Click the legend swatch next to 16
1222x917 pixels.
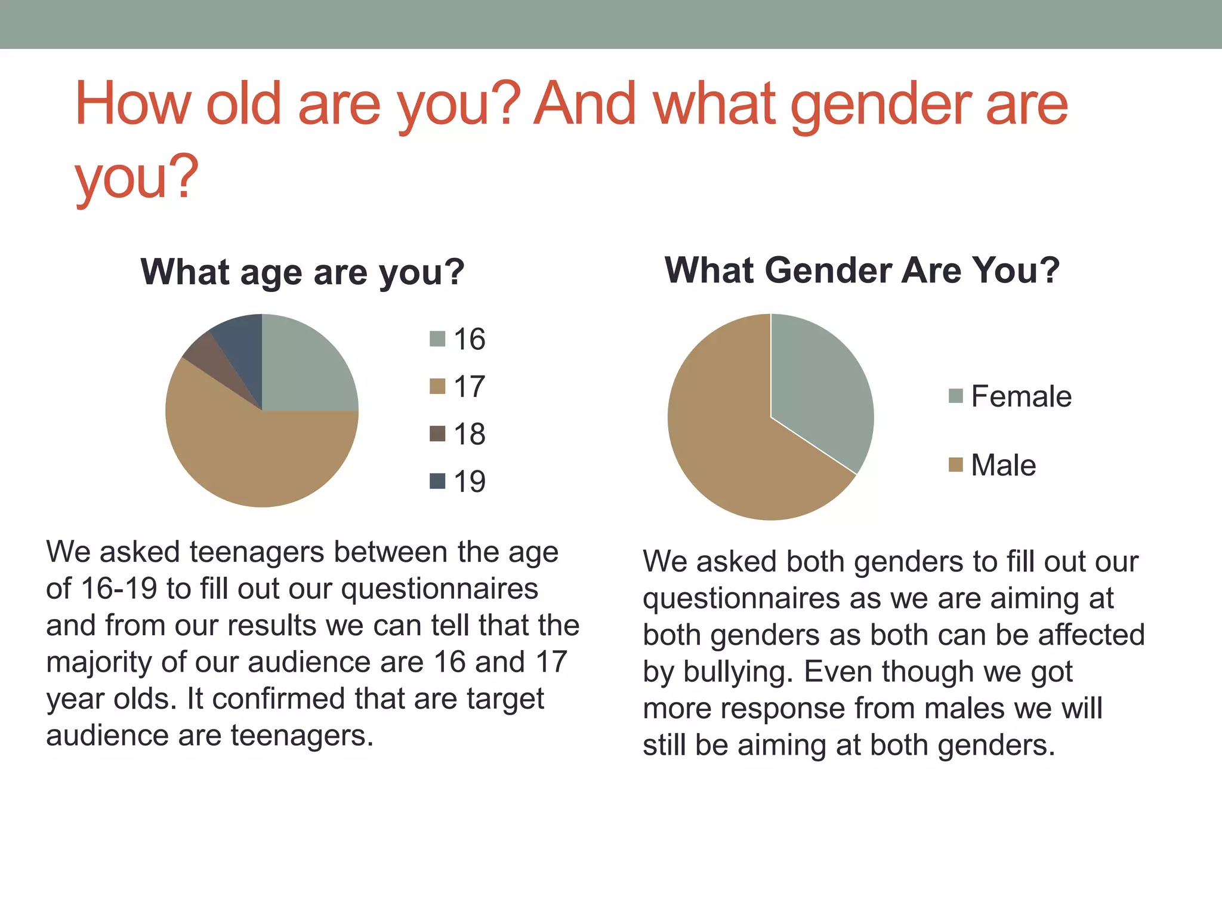(x=437, y=339)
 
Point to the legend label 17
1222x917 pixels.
(x=469, y=387)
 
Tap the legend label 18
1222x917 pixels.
(x=469, y=434)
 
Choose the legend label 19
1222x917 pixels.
(x=469, y=481)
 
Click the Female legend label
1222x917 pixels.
(x=1021, y=396)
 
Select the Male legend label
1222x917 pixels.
(x=1003, y=465)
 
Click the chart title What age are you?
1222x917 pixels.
(x=303, y=272)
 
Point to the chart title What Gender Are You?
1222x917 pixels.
(x=862, y=270)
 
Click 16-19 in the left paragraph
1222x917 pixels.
(x=119, y=589)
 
